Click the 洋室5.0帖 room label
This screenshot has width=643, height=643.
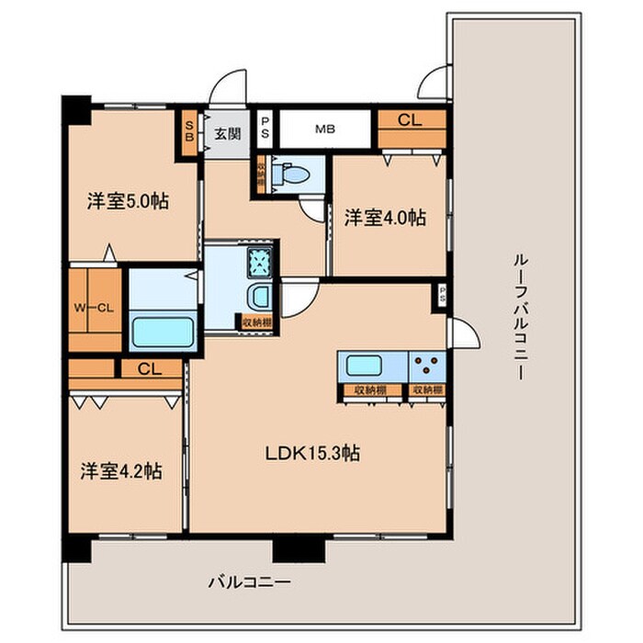(119, 201)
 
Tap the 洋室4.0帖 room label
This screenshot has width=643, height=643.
(385, 218)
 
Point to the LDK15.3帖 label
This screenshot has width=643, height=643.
(312, 452)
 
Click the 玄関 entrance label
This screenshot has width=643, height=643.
(227, 133)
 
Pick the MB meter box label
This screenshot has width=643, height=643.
(324, 130)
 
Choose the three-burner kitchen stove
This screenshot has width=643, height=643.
(427, 366)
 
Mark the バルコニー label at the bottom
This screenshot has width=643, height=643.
(248, 581)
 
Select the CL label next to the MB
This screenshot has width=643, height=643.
(410, 118)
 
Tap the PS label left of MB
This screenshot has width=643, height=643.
(265, 127)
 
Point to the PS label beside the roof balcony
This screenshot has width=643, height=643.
(443, 296)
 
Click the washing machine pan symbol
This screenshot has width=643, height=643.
(260, 262)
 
